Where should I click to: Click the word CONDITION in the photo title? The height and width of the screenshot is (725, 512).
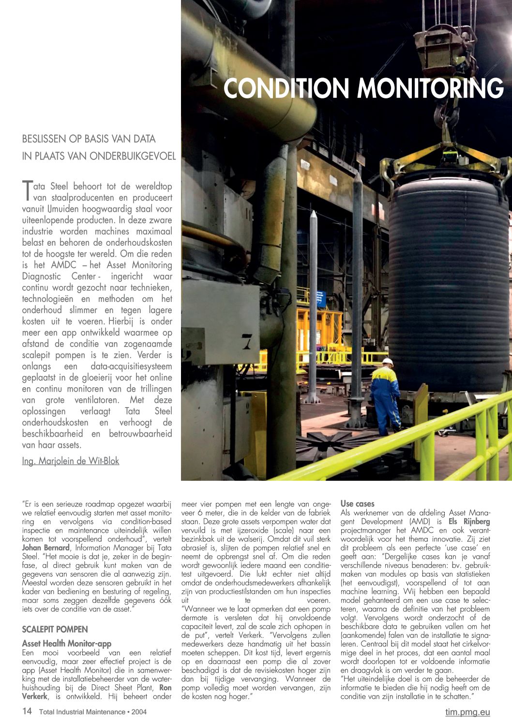[286, 88]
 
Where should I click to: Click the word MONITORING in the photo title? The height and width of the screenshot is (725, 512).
[430, 88]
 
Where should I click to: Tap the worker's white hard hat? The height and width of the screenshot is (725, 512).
[388, 362]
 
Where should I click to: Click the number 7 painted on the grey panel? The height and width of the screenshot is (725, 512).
[247, 342]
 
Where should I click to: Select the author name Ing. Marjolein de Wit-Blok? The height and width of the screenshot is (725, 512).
[71, 461]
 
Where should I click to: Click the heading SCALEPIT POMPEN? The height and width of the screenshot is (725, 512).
[55, 630]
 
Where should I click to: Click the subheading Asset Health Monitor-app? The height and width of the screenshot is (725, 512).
[67, 644]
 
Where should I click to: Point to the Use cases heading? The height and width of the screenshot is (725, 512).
[358, 504]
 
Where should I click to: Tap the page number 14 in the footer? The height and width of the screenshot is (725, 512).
[27, 711]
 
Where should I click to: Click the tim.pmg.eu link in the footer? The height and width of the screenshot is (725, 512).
[467, 712]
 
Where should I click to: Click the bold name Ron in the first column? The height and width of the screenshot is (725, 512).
[166, 688]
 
